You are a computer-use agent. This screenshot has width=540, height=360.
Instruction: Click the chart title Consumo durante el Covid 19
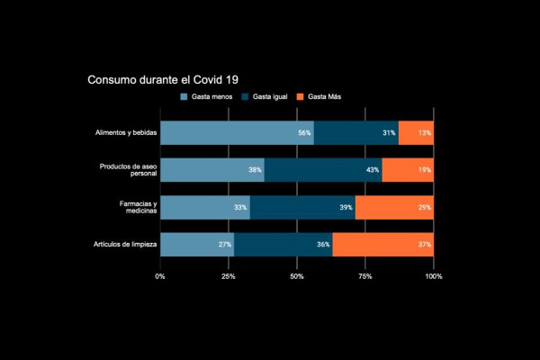[163, 79]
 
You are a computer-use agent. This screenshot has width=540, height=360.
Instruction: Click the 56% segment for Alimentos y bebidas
[237, 132]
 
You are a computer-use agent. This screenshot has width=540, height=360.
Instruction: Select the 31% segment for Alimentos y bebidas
[355, 132]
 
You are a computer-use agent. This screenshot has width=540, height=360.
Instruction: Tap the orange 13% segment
[416, 132]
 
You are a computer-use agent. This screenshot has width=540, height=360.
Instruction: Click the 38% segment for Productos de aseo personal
[212, 170]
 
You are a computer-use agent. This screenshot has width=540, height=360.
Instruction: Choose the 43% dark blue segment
[323, 170]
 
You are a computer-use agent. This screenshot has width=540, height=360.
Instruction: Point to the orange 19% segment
[408, 170]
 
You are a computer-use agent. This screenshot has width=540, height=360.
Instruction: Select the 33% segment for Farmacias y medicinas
[205, 207]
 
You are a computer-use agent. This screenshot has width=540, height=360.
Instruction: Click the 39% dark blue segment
[302, 207]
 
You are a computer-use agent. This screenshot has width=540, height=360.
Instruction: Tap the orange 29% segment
[394, 207]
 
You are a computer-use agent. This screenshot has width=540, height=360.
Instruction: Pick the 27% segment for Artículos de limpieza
[197, 244]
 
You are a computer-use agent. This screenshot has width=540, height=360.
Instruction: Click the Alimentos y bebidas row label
[126, 133]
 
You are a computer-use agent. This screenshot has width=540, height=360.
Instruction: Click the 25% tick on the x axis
[229, 276]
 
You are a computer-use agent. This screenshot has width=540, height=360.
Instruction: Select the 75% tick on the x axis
[365, 276]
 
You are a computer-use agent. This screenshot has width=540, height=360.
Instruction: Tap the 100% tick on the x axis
[433, 276]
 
